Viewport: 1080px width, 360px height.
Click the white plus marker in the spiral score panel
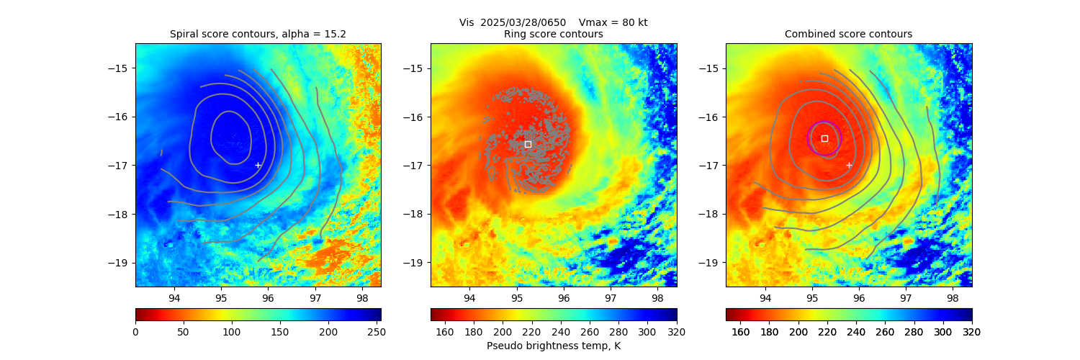tap(258, 165)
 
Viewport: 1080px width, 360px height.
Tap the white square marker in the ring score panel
tap(528, 144)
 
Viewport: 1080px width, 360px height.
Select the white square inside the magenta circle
tap(824, 138)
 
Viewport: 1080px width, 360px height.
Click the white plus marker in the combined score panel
tap(849, 165)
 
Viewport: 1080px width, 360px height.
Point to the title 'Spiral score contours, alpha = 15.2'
tap(258, 34)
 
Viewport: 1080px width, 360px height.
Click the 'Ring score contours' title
tap(553, 34)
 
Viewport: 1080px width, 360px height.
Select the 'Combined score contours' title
tap(848, 34)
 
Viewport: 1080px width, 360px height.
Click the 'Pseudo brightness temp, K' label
tap(553, 346)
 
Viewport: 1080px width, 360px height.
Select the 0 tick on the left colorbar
tap(135, 331)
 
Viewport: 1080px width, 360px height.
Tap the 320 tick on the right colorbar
tap(972, 331)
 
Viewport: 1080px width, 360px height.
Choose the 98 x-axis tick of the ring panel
tap(657, 297)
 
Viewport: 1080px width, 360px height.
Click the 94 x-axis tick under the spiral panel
tap(174, 297)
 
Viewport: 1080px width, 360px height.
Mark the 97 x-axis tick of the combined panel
tap(906, 297)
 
